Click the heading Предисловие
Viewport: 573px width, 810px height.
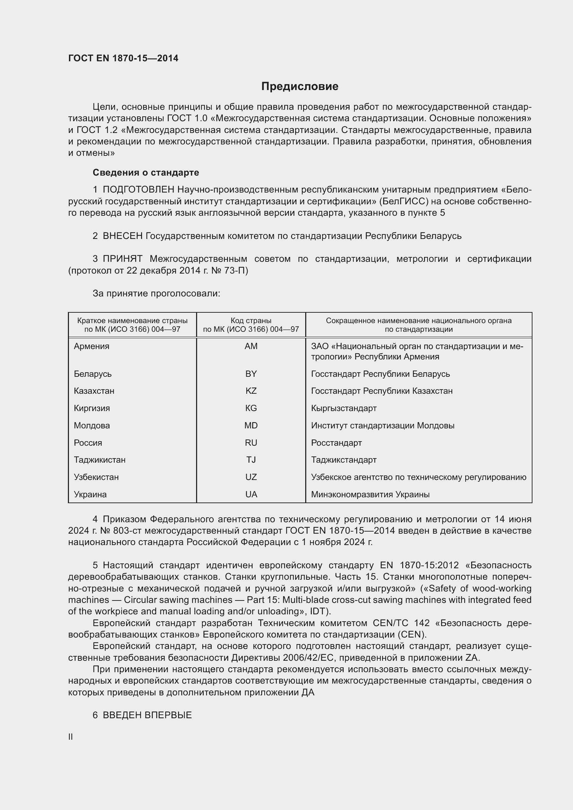300,87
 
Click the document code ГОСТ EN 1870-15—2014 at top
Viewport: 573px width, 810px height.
123,59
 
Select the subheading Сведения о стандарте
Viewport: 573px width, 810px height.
146,172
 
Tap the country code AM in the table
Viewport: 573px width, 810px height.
251,346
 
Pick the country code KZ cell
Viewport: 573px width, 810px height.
251,391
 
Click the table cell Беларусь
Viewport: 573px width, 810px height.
92,374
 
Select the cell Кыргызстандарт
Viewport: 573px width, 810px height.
344,408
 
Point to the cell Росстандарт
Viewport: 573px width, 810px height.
336,443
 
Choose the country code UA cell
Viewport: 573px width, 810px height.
251,494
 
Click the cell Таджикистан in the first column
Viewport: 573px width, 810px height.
99,460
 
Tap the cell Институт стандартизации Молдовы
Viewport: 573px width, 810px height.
382,426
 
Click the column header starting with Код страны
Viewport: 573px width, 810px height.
251,325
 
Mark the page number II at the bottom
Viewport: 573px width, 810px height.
71,737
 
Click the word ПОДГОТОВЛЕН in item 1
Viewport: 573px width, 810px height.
138,190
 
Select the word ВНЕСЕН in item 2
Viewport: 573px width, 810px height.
122,236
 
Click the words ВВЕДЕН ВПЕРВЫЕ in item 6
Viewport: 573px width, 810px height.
147,715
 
